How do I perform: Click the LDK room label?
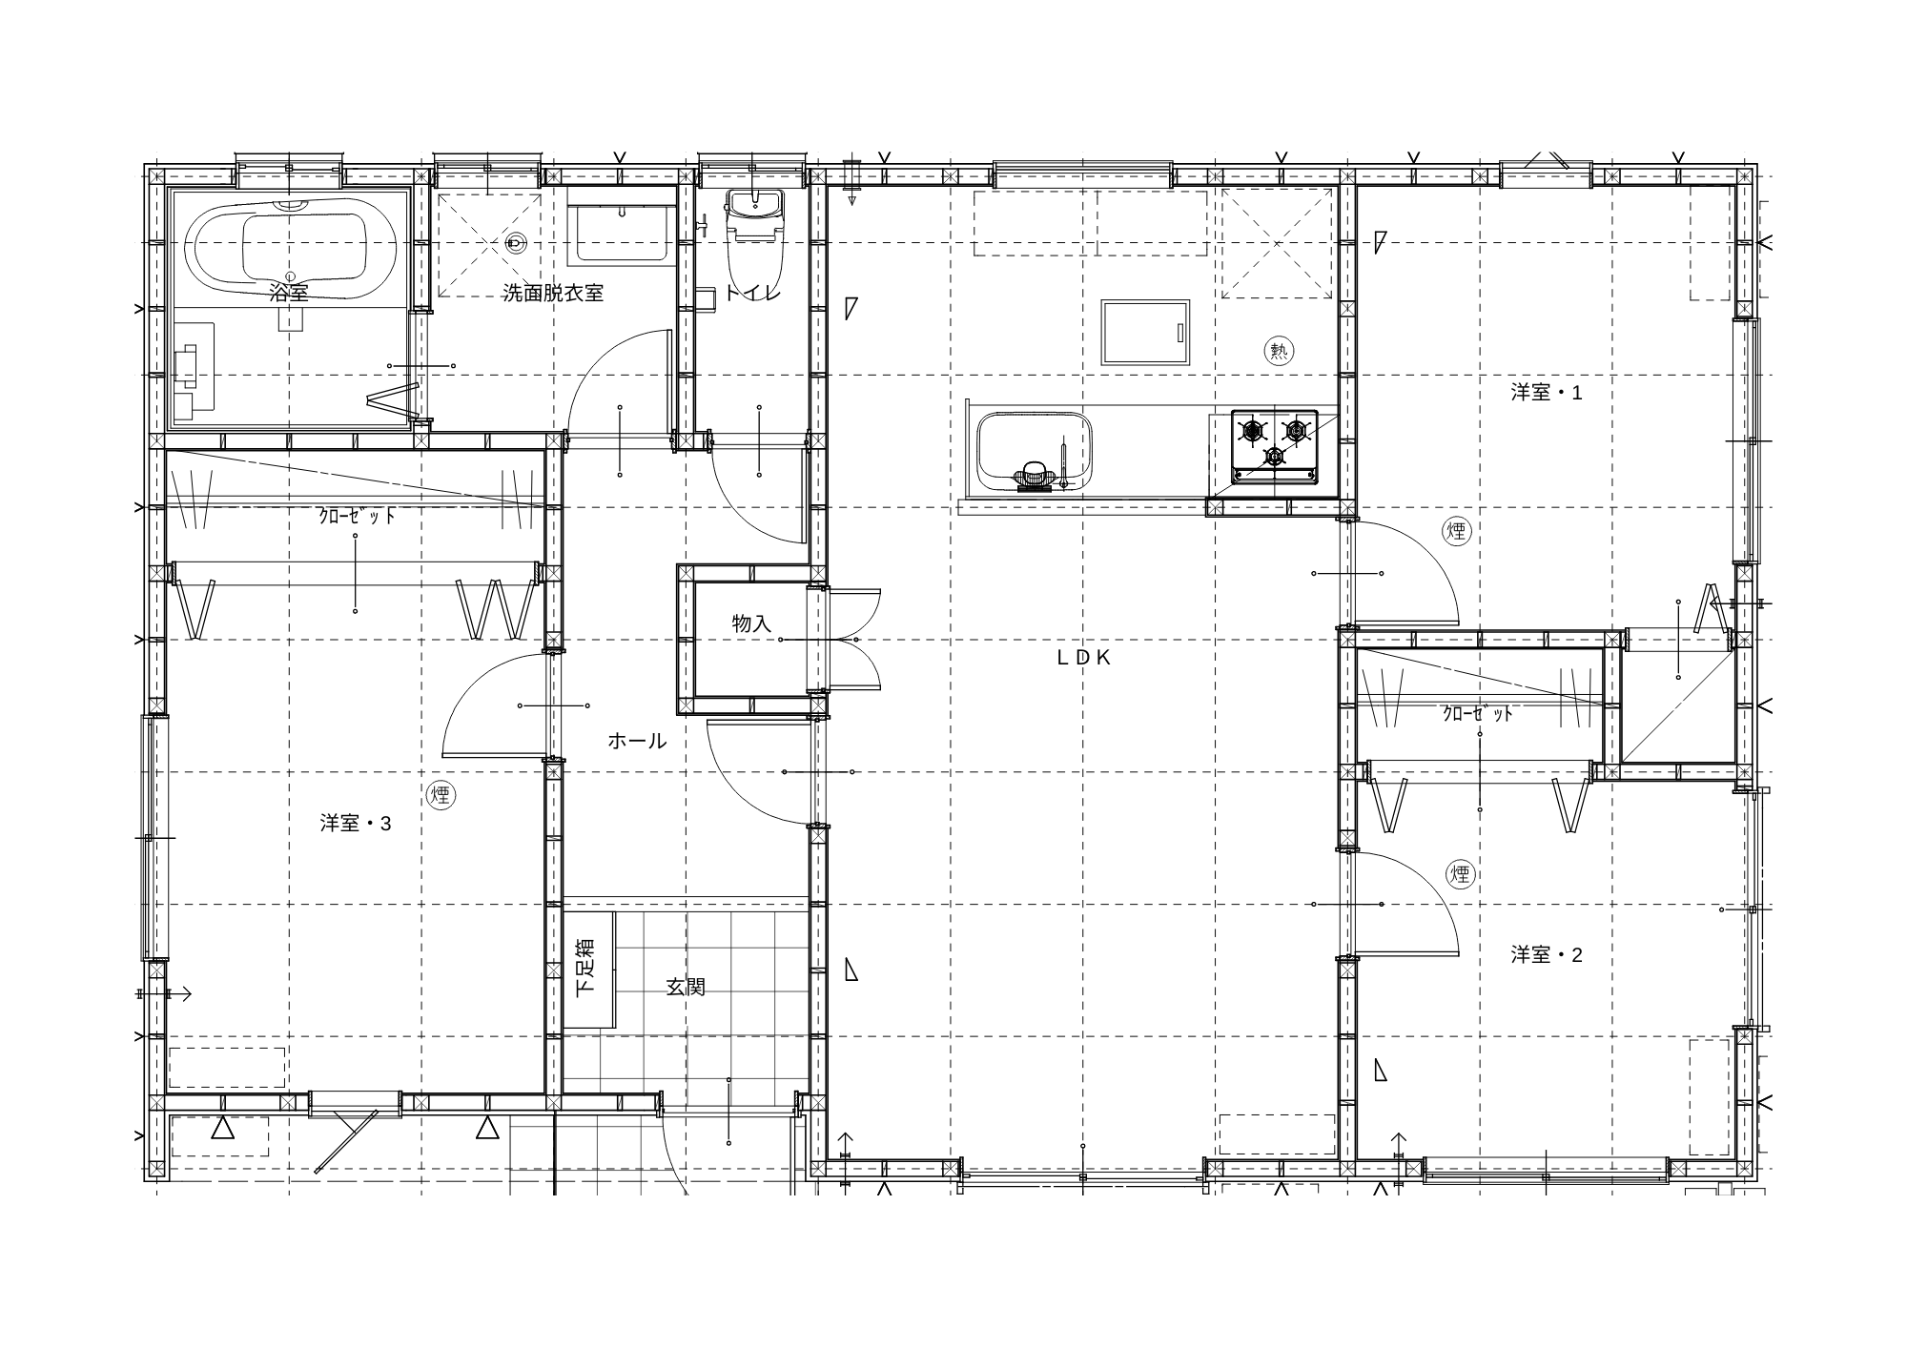tap(1084, 657)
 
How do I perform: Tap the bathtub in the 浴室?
tap(291, 250)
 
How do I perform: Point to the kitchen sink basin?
tap(1036, 451)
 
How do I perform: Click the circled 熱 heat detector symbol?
tap(1279, 351)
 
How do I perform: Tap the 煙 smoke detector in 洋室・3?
tap(440, 795)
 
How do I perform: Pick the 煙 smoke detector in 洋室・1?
tap(1457, 531)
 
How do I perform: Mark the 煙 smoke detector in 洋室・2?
tap(1460, 873)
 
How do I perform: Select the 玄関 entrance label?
tap(686, 988)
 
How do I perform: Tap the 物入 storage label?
tap(751, 623)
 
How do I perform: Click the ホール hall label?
tap(637, 741)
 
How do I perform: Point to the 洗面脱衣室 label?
tap(553, 293)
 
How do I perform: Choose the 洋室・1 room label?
tap(1547, 392)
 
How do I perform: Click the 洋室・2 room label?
tap(1547, 954)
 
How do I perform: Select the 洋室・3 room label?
tap(356, 823)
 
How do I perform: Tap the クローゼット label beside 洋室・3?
tap(357, 517)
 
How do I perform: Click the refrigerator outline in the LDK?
tap(1145, 332)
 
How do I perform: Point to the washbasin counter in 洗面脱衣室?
tap(622, 225)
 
